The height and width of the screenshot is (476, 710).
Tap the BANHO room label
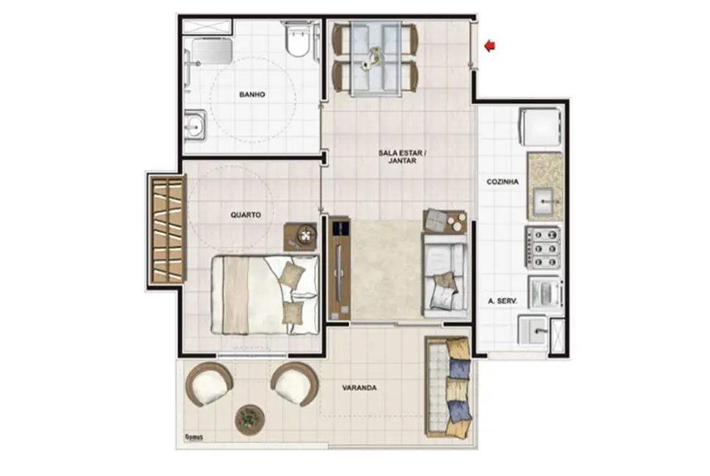click(252, 94)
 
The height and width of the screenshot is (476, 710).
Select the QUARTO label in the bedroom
click(246, 215)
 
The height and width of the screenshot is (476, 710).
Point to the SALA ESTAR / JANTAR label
click(402, 157)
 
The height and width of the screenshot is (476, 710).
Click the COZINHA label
click(502, 182)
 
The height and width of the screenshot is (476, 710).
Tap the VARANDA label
click(359, 388)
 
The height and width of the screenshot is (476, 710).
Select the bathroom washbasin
click(194, 126)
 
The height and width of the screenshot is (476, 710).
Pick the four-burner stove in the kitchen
click(543, 246)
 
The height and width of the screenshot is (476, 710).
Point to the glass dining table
click(374, 59)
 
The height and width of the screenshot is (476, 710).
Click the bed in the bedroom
click(265, 294)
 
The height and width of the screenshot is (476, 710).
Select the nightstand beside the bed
click(301, 236)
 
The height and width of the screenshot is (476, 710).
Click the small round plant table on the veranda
click(250, 420)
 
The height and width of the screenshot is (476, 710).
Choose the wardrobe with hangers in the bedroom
click(166, 229)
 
